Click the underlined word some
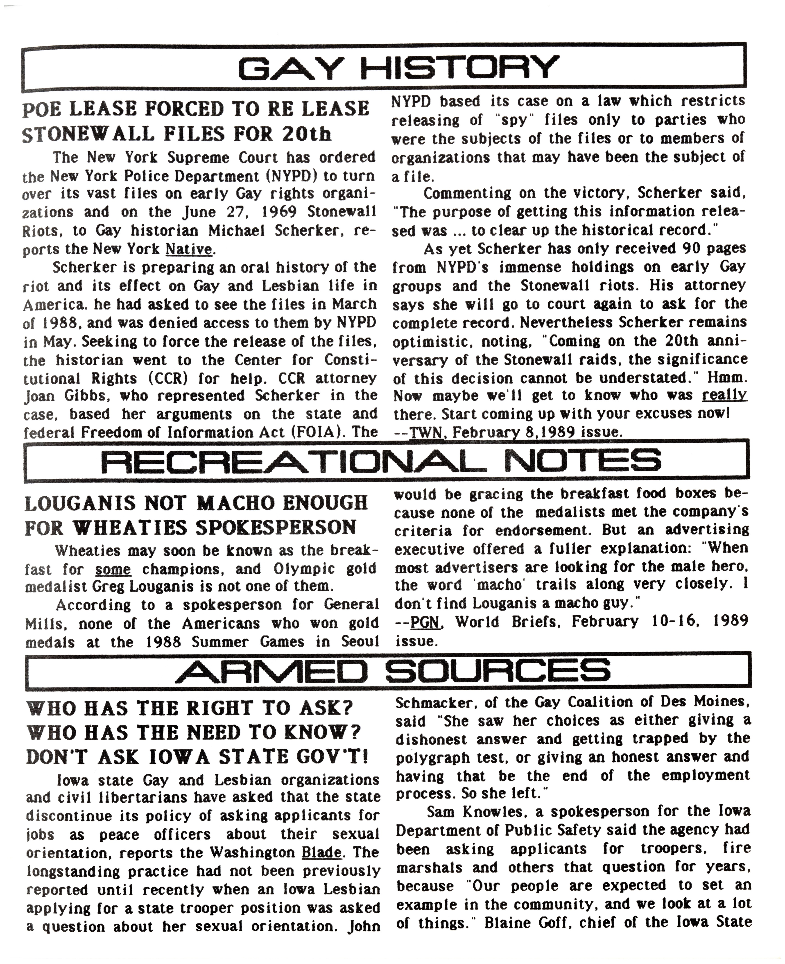point(113,569)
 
